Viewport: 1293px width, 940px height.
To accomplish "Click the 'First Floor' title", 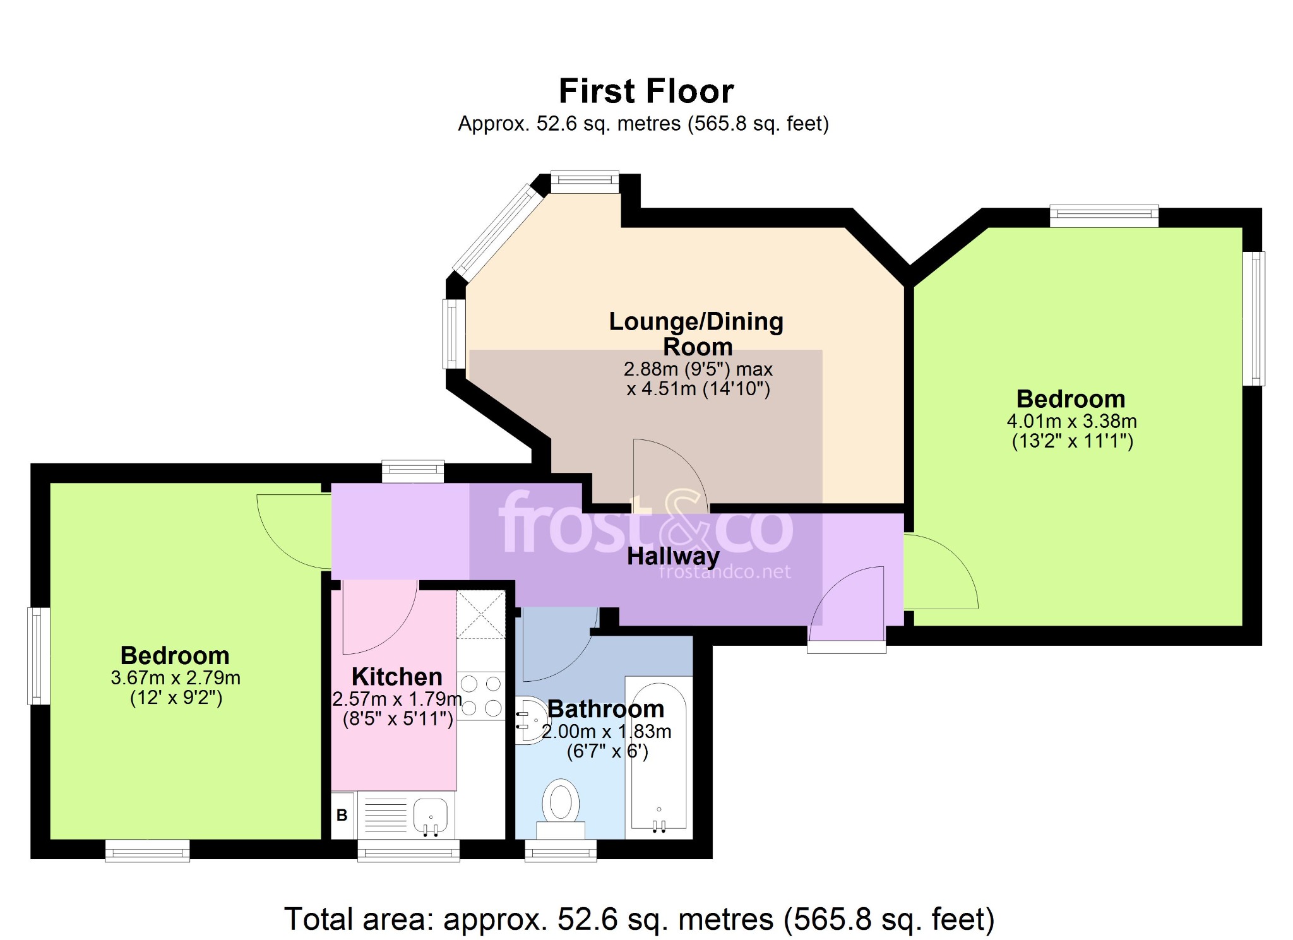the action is pyautogui.click(x=646, y=91).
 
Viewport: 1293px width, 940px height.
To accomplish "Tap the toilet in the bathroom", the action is pyautogui.click(x=561, y=809).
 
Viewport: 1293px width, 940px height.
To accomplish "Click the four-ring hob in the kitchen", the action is pyautogui.click(x=481, y=696).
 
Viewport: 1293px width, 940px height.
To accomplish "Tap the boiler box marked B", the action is pyautogui.click(x=342, y=815).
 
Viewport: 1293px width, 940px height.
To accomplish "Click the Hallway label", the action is pyautogui.click(x=673, y=556).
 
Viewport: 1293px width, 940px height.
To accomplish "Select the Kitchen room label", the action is pyautogui.click(x=397, y=677).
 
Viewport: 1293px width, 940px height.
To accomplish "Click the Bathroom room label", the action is pyautogui.click(x=605, y=709).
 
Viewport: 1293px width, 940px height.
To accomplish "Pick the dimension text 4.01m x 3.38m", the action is pyautogui.click(x=1071, y=421).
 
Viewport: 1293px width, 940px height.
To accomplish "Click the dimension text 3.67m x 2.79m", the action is pyautogui.click(x=176, y=678).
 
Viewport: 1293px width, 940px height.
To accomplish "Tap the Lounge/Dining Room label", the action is pyautogui.click(x=696, y=334).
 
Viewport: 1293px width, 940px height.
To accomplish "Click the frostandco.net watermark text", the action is pyautogui.click(x=725, y=572).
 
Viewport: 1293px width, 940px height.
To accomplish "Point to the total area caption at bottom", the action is pyautogui.click(x=639, y=919).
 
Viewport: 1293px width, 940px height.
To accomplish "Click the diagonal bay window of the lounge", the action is pyautogui.click(x=498, y=232).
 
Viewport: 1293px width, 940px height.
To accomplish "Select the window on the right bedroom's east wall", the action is pyautogui.click(x=1254, y=318).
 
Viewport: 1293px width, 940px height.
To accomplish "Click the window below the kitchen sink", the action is pyautogui.click(x=408, y=851).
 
